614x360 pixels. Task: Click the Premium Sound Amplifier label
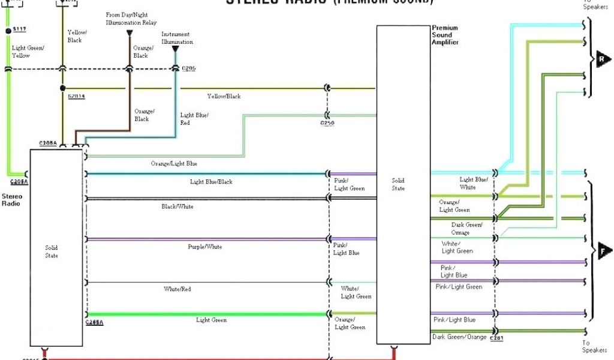445,35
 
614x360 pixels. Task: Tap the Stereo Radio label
11,200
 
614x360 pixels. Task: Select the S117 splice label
20,29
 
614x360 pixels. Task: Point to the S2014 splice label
76,96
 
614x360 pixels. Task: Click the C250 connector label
327,124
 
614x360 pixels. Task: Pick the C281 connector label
496,339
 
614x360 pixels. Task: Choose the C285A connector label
94,323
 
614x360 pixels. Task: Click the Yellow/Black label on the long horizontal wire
224,96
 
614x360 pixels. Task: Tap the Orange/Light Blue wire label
174,163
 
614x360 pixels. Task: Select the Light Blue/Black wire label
211,181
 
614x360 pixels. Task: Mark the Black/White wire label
177,206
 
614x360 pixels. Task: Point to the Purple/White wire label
206,247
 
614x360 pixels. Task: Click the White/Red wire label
177,289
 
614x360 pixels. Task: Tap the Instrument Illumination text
177,38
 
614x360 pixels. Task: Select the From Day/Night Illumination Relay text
131,19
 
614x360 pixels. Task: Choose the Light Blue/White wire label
474,183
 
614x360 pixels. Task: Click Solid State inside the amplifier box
398,184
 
